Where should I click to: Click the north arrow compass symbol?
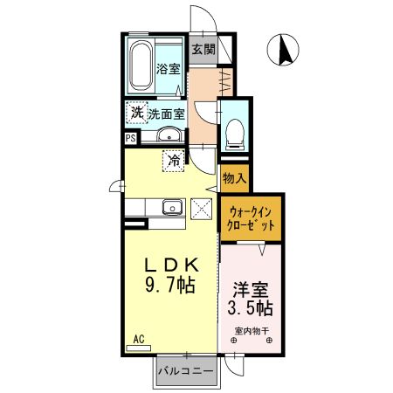point(283,50)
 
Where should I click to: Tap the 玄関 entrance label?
point(203,49)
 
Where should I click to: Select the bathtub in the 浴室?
point(141,65)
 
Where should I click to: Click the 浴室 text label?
point(169,69)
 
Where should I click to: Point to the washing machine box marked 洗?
point(137,113)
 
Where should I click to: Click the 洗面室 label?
point(167,114)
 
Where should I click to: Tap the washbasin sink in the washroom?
point(169,134)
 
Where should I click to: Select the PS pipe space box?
point(131,138)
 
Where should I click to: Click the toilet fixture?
point(235,134)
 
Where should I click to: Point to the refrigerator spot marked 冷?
point(174,161)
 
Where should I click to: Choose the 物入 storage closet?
point(235,178)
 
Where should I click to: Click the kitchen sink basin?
point(173,207)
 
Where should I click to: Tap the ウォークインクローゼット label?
point(251,219)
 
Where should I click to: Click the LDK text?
point(172,265)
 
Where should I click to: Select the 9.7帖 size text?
point(169,285)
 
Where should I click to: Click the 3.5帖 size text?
point(250,308)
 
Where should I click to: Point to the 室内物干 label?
point(252,331)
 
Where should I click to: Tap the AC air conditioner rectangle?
point(139,348)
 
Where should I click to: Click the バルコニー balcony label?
point(186,371)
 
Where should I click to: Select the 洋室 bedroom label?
point(251,290)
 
